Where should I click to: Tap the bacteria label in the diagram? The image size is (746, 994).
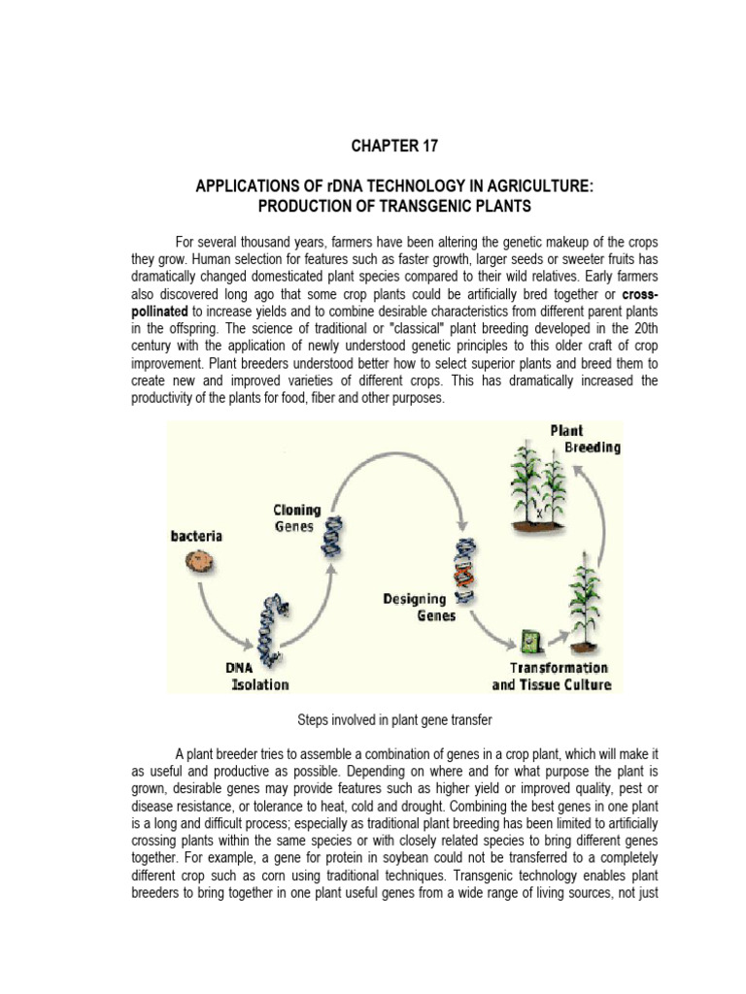pyautogui.click(x=197, y=536)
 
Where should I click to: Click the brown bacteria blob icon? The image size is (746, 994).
pyautogui.click(x=200, y=560)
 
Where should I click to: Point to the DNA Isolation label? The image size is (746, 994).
pyautogui.click(x=257, y=677)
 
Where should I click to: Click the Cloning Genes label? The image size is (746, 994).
pyautogui.click(x=294, y=517)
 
